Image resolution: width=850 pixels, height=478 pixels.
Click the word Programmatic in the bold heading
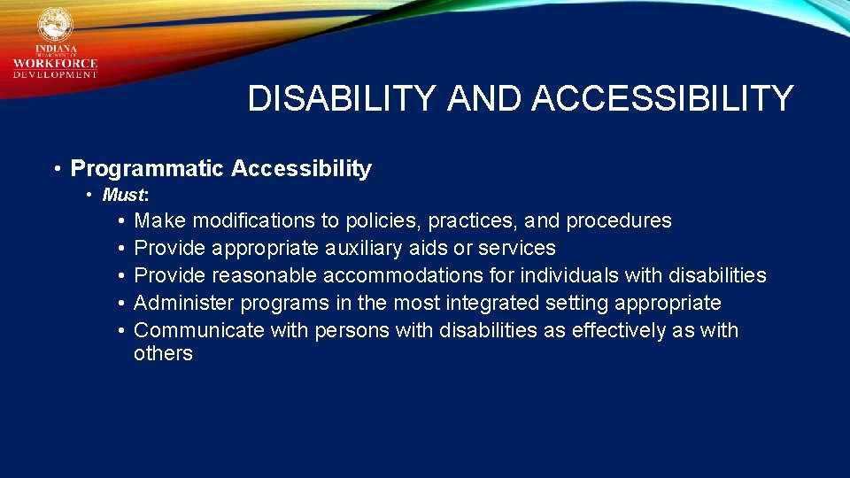[x=147, y=168]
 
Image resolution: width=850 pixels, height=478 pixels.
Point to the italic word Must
[x=123, y=195]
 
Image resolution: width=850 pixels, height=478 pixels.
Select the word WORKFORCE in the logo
[x=55, y=63]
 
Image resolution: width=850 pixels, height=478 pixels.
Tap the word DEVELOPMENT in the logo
[x=55, y=74]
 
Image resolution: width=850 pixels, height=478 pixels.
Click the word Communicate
[x=199, y=330]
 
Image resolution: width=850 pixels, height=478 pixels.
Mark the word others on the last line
[x=163, y=353]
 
